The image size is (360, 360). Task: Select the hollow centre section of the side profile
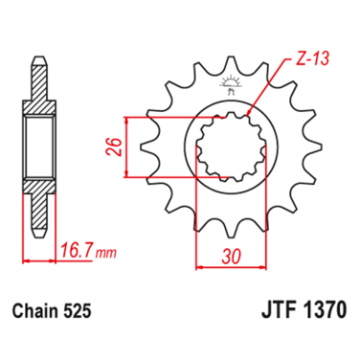37,148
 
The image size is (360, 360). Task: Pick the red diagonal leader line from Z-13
266,91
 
